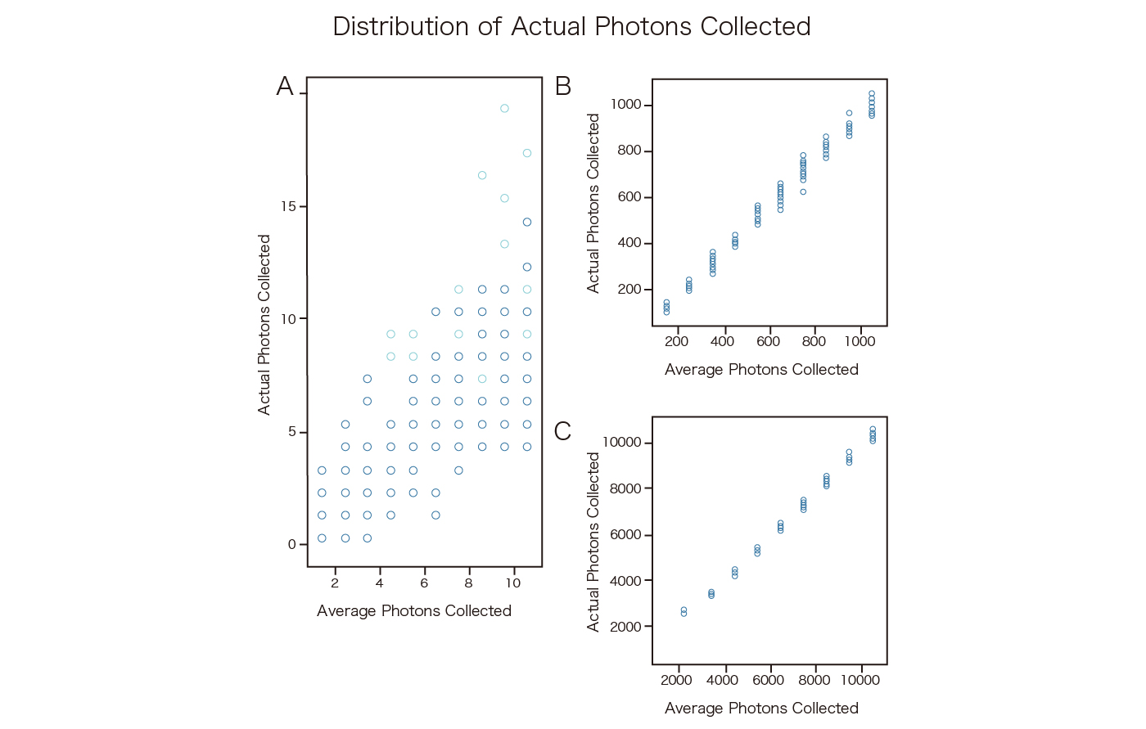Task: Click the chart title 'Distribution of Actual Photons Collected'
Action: (571, 27)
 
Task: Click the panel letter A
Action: (285, 87)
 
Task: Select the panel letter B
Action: (563, 87)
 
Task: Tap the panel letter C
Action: (562, 431)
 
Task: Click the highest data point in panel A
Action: (504, 108)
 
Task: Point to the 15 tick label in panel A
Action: (288, 206)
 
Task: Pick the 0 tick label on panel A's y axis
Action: (292, 545)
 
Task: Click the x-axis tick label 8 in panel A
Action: (468, 583)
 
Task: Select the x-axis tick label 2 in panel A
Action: (335, 583)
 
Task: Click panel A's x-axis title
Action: (414, 611)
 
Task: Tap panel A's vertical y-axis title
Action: (264, 325)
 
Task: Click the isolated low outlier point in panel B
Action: (803, 192)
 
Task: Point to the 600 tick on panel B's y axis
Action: (629, 197)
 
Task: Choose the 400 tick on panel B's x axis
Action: (723, 341)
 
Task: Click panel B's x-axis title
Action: (761, 370)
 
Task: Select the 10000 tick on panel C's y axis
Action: (622, 443)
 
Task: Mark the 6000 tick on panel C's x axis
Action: (769, 680)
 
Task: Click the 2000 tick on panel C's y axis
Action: (625, 627)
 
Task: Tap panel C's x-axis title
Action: (761, 709)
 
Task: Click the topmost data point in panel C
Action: (873, 430)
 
